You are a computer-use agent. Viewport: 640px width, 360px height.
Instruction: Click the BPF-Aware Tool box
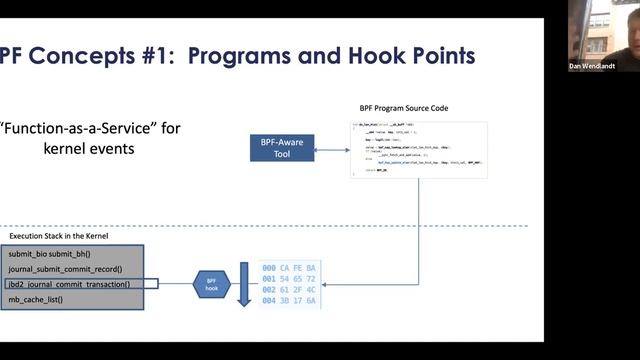click(x=281, y=149)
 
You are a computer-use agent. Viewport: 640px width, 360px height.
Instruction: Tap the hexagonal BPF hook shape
click(x=211, y=284)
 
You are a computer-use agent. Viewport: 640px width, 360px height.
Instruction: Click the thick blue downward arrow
click(x=243, y=283)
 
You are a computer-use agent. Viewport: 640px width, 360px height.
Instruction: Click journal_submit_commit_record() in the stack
click(x=65, y=269)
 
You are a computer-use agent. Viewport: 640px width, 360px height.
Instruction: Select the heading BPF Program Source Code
click(x=405, y=107)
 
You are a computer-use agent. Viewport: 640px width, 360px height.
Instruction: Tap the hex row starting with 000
click(x=288, y=268)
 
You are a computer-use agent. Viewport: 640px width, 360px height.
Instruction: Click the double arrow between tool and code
click(x=332, y=150)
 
